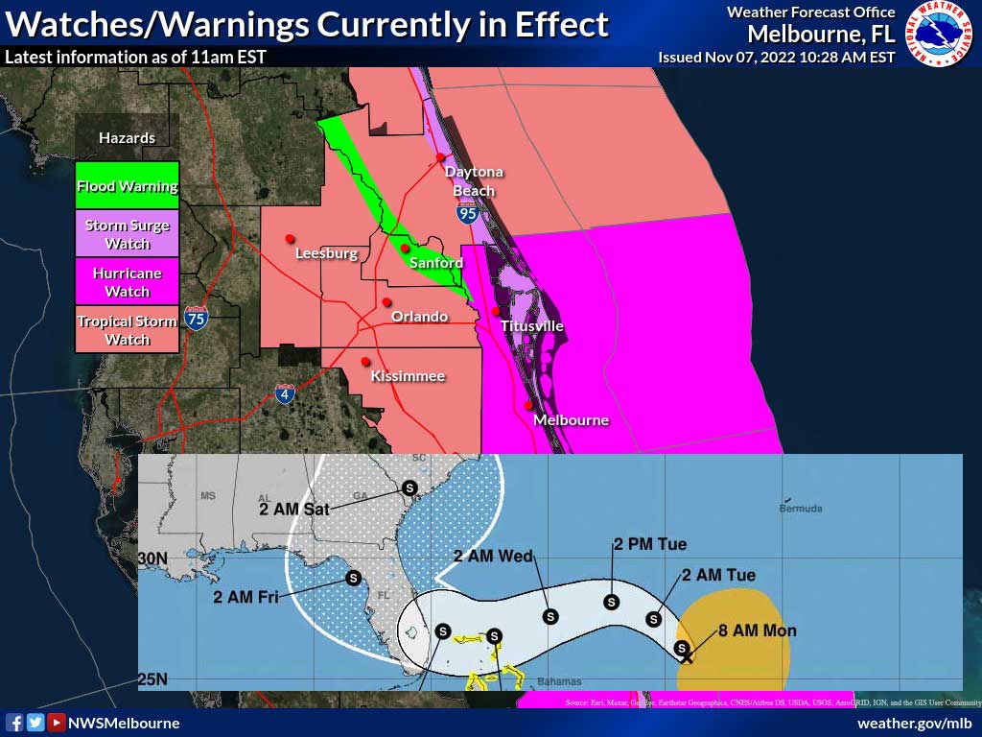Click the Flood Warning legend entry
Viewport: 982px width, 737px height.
[x=128, y=186]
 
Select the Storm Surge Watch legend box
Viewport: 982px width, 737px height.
[x=128, y=233]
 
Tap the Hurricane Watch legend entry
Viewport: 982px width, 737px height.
[x=128, y=282]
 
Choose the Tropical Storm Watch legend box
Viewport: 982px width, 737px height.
[x=128, y=330]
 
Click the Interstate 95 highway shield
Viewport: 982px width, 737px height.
[x=467, y=215]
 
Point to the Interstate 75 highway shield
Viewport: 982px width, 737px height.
[x=196, y=319]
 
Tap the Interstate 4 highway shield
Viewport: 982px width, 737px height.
[x=285, y=392]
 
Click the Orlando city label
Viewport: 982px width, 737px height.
[x=419, y=317]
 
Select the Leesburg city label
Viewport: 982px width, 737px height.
[x=326, y=254]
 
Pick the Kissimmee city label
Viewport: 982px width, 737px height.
[x=408, y=376]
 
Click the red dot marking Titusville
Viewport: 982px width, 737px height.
[x=496, y=311]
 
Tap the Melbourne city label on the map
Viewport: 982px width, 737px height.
[x=571, y=420]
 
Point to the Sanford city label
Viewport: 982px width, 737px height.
[x=436, y=263]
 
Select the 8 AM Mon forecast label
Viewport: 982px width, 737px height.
[x=758, y=630]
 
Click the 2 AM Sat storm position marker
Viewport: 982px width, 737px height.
[x=409, y=487]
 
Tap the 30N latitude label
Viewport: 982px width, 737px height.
[x=154, y=558]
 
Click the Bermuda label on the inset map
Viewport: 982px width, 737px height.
[x=801, y=509]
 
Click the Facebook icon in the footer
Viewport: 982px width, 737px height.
[x=15, y=723]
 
